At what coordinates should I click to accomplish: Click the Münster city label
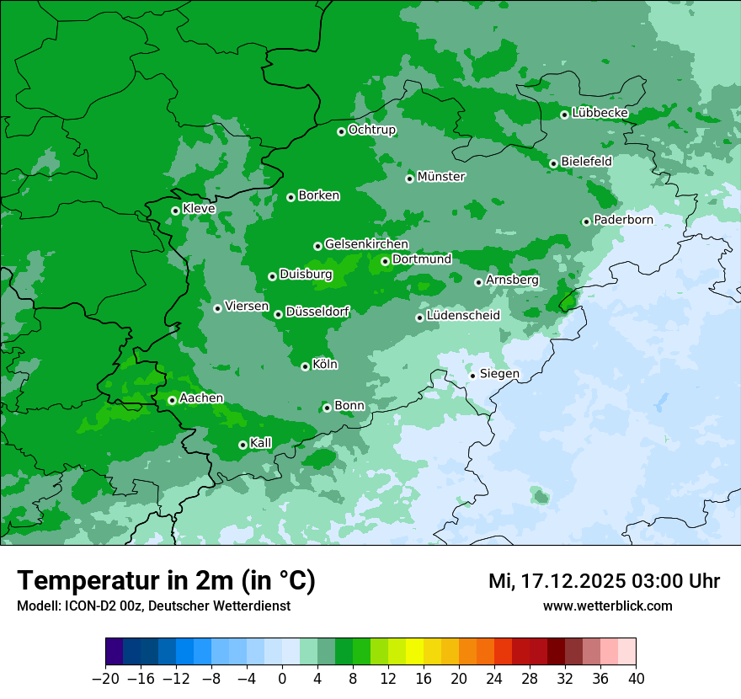point(441,177)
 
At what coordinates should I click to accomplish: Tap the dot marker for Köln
point(306,366)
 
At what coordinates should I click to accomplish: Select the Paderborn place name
point(623,220)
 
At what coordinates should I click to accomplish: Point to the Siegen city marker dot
point(473,376)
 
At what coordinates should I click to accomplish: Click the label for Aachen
point(201,398)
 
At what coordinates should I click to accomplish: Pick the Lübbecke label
point(600,113)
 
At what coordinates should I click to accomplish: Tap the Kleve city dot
point(175,211)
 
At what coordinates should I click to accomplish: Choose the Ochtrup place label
point(372,130)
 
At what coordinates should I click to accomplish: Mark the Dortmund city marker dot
point(385,261)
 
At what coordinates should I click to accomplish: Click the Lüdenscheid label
point(463,316)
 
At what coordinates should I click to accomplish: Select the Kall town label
point(261,443)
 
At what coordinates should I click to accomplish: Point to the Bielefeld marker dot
point(553,163)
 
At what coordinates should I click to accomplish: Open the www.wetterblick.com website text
point(607,606)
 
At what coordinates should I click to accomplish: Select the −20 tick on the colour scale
point(105,679)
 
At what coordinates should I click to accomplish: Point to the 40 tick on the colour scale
point(636,679)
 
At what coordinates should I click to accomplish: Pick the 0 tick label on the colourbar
point(282,679)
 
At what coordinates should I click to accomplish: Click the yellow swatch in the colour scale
point(414,652)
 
